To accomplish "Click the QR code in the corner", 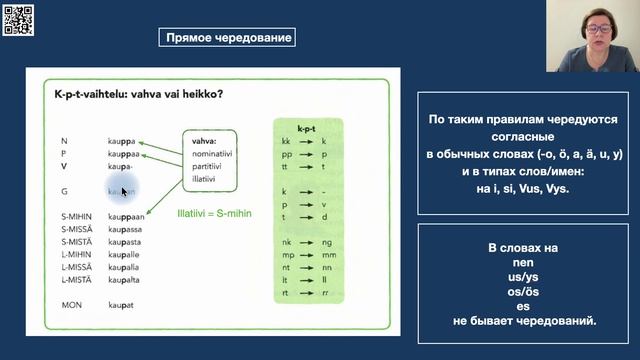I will click(x=19, y=19).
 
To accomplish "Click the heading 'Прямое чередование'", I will click(x=228, y=38).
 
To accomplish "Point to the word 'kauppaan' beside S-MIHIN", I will click(x=128, y=216).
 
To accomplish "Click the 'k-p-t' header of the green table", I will click(x=307, y=127).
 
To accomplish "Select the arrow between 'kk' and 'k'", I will click(x=306, y=142).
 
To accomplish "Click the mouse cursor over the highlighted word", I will click(x=124, y=191).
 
